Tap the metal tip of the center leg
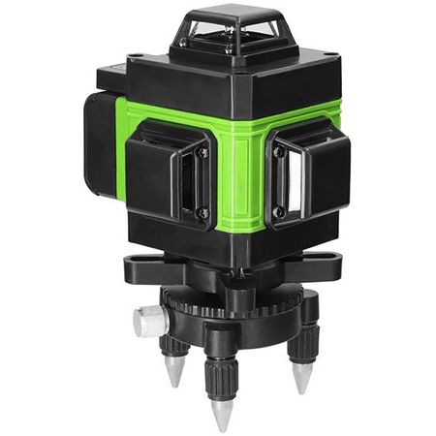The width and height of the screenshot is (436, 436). coord(222,413)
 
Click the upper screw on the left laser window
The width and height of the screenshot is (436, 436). coord(202,152)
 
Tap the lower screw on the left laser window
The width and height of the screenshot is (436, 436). coord(202,213)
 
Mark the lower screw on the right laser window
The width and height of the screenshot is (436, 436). coord(278,210)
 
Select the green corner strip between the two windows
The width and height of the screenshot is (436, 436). coord(239,179)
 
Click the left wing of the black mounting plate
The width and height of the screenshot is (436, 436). coord(140,265)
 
